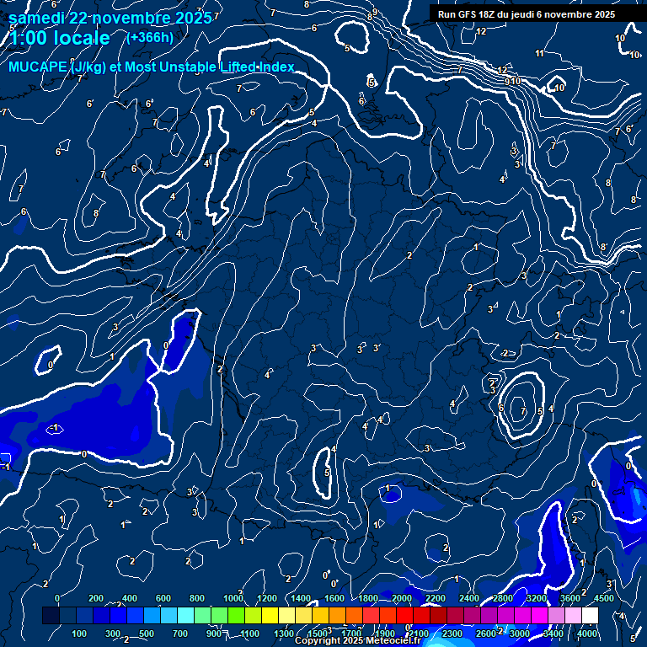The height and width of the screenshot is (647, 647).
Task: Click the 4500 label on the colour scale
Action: [603, 598]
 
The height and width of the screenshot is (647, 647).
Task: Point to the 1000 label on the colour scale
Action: [233, 598]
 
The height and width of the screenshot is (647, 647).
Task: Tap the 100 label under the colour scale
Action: [80, 634]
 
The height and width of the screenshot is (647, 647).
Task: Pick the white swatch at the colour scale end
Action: [590, 616]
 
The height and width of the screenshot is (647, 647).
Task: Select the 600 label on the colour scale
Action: [163, 598]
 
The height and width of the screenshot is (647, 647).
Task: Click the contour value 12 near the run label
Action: [481, 31]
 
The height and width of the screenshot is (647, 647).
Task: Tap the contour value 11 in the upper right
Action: [539, 54]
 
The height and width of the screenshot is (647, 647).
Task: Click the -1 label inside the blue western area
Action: [56, 428]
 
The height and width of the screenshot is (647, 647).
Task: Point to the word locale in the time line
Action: [79, 38]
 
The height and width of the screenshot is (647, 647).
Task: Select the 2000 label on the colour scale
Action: [402, 598]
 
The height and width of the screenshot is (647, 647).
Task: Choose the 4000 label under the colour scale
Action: [587, 634]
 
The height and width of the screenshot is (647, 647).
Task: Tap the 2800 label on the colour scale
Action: [503, 598]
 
